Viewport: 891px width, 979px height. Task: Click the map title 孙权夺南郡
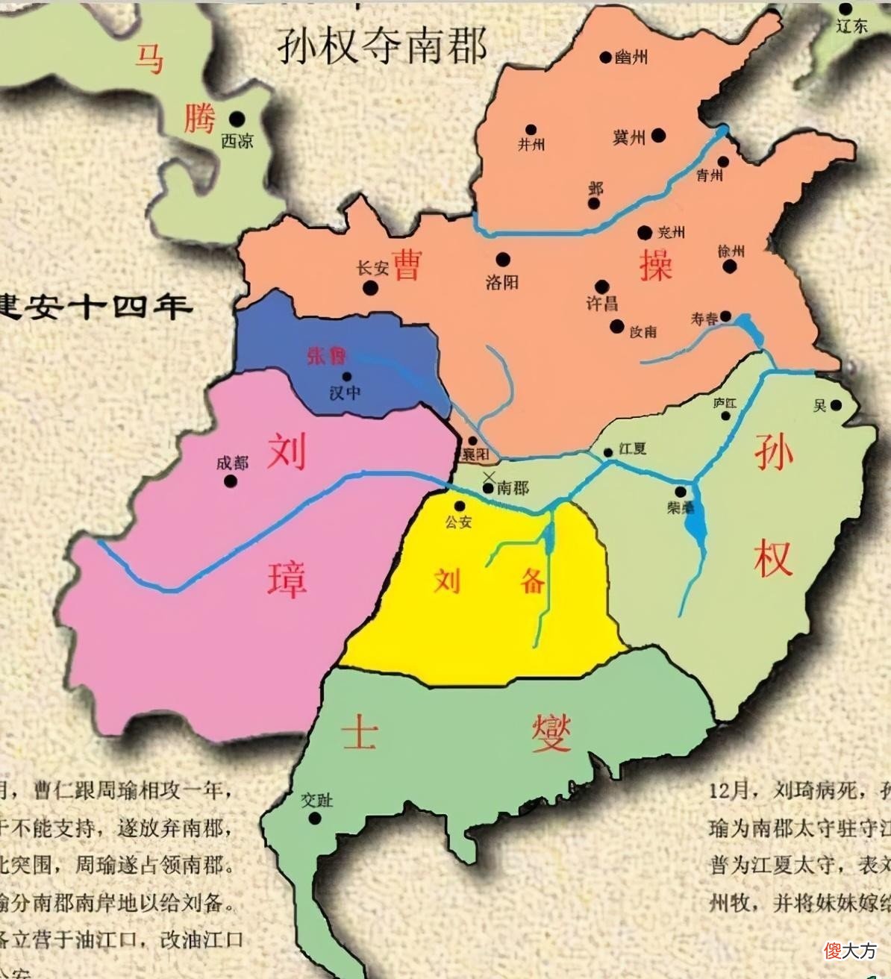[382, 46]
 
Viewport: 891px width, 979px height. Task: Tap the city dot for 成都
[231, 481]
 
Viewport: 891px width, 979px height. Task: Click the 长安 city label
[372, 268]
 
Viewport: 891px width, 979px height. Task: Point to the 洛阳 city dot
[503, 260]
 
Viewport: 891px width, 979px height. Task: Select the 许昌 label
[601, 303]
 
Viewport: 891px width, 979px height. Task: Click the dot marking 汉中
[346, 376]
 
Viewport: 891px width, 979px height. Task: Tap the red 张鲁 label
[326, 355]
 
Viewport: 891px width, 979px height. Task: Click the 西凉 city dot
[237, 118]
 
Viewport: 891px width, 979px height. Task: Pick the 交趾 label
[316, 800]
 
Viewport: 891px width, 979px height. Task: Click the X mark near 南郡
[490, 475]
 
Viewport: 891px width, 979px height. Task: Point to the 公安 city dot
[460, 507]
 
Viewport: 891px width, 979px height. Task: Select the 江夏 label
[632, 448]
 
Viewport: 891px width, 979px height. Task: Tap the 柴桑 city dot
[681, 492]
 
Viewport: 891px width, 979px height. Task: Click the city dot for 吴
[836, 405]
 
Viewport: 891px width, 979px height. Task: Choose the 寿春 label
[704, 319]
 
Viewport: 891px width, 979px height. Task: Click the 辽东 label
[851, 25]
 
